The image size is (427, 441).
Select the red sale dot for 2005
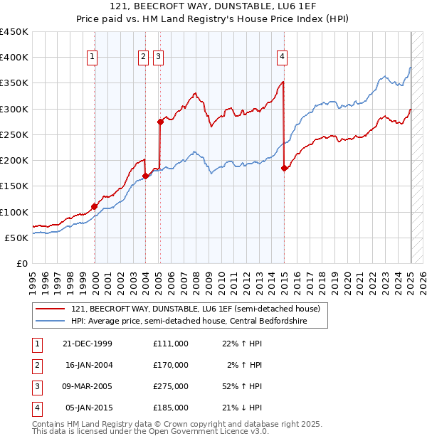160,122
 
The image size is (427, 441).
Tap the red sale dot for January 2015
284,168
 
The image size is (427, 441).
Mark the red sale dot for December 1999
95,206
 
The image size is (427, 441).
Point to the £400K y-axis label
14,58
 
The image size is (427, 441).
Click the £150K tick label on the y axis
14,186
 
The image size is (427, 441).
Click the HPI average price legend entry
196,322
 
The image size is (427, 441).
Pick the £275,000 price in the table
171,386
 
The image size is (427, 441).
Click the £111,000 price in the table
171,344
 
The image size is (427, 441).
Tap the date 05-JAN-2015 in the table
88,408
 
